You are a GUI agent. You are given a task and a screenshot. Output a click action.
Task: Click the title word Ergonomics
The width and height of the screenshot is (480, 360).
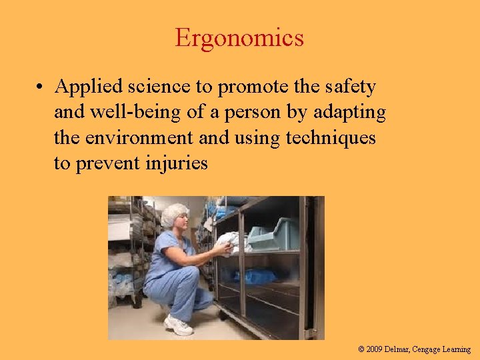click(239, 38)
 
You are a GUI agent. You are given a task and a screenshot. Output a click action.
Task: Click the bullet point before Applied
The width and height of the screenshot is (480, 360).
click(41, 87)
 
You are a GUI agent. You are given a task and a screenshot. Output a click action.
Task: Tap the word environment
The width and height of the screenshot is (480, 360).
click(139, 138)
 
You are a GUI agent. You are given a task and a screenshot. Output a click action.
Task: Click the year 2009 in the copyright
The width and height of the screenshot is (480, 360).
click(375, 349)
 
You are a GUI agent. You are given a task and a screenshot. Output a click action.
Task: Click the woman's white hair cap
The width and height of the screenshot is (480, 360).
click(175, 213)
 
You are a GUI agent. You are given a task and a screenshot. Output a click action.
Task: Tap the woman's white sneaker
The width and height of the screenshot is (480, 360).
click(178, 325)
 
